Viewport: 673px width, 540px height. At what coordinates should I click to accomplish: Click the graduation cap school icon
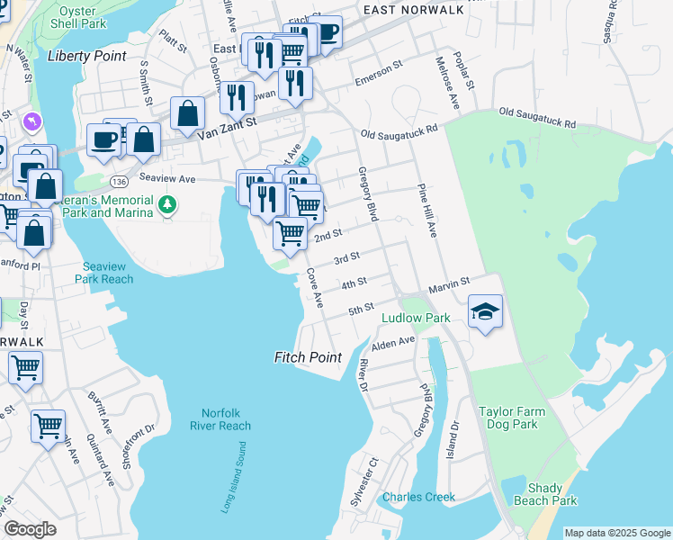click(x=486, y=311)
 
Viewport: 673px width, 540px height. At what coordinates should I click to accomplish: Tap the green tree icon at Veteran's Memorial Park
click(x=166, y=205)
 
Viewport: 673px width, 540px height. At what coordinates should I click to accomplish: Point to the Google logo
click(x=30, y=529)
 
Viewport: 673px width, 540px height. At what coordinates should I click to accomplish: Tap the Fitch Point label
click(x=308, y=357)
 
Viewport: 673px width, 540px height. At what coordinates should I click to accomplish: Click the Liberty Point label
click(x=86, y=56)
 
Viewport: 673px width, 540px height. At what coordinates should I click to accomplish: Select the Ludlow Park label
click(x=416, y=318)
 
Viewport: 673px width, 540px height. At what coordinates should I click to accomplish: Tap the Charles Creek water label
click(x=418, y=497)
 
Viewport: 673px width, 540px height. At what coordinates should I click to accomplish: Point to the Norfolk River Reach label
click(x=221, y=419)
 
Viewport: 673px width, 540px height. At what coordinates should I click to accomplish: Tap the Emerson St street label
click(x=376, y=78)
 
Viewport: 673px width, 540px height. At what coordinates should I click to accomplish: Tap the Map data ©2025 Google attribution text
click(x=617, y=533)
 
